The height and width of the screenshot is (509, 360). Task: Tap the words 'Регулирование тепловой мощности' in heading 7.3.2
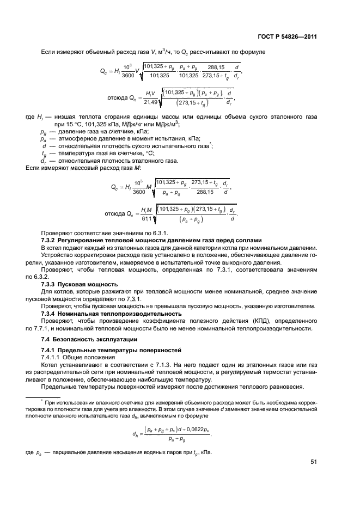coord(115,240)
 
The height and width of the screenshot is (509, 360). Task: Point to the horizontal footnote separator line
coord(44,397)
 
